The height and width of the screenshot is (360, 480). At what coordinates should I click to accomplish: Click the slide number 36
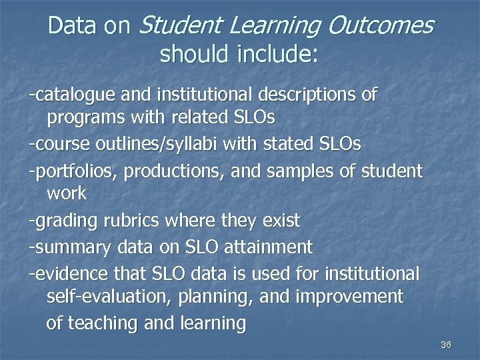tap(446, 345)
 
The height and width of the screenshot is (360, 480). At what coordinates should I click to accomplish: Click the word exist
tap(280, 220)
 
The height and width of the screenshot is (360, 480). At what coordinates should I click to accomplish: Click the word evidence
tap(67, 274)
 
